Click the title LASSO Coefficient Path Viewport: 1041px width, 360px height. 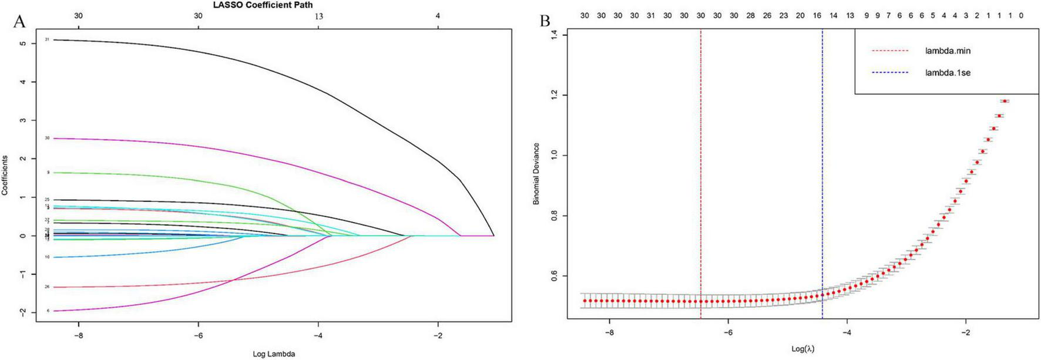coord(263,5)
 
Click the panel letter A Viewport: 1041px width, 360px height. coord(19,22)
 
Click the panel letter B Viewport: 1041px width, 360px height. coord(545,21)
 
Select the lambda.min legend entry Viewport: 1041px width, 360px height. coord(948,51)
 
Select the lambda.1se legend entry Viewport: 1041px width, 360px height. coord(948,73)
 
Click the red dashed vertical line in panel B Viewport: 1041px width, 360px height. coord(701,176)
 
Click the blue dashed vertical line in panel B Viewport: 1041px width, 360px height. coord(822,176)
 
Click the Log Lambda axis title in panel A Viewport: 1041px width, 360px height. coord(274,354)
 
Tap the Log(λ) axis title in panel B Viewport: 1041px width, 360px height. coord(803,349)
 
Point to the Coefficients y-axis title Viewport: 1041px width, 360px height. coord(5,175)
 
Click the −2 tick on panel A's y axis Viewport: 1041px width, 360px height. coord(22,312)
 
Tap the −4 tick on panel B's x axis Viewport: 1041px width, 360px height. coord(847,332)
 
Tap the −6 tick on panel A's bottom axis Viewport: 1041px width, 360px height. coord(198,337)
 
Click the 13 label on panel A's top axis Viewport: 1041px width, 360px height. coord(318,16)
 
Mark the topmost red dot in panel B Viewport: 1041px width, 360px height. coord(1005,101)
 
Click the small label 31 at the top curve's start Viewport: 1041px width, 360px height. coord(47,39)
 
